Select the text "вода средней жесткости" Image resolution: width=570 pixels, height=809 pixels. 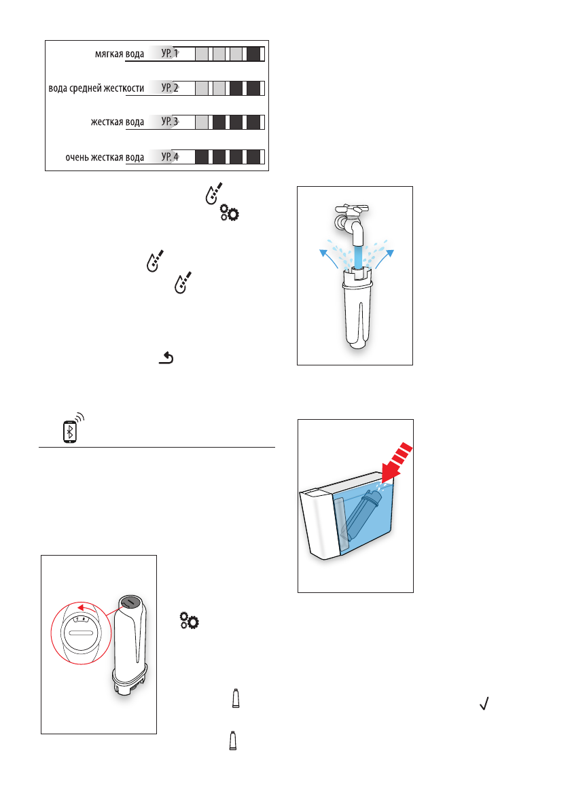tap(96, 88)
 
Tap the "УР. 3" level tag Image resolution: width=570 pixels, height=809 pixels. tap(169, 122)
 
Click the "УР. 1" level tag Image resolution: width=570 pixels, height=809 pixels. tap(169, 53)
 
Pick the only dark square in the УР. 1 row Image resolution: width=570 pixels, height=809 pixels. tap(253, 54)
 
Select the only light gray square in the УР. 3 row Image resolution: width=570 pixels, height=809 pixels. tap(202, 123)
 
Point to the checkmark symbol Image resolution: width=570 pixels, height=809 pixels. tap(485, 706)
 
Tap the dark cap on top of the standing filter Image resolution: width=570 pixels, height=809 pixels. tap(129, 600)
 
